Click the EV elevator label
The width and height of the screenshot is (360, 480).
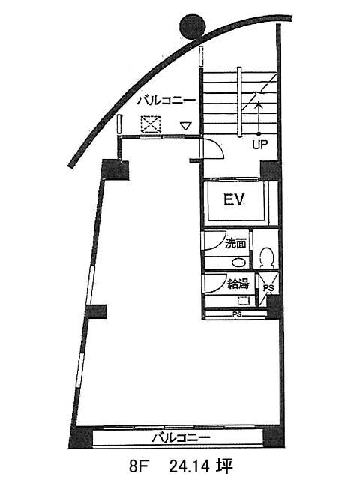point(235,200)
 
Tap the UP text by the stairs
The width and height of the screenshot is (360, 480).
point(260,145)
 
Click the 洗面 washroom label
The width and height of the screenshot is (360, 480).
point(235,244)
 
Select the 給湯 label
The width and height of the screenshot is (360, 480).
point(238,284)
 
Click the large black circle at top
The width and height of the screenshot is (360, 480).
point(192,27)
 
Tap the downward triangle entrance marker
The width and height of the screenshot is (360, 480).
point(185,126)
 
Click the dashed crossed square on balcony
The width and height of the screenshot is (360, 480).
point(151,124)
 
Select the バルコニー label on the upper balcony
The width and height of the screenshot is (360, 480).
point(166,100)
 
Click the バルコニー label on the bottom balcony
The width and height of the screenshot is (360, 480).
point(181,437)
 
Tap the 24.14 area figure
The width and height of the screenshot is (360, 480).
point(189,467)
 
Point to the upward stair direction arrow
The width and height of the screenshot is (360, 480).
point(259,118)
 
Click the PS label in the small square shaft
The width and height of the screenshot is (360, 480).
point(268,288)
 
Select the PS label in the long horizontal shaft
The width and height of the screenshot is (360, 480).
point(237,314)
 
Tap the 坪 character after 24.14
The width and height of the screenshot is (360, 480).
point(225,467)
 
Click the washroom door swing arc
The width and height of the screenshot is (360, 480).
point(217,241)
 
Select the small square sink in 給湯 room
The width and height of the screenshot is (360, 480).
point(243,301)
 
